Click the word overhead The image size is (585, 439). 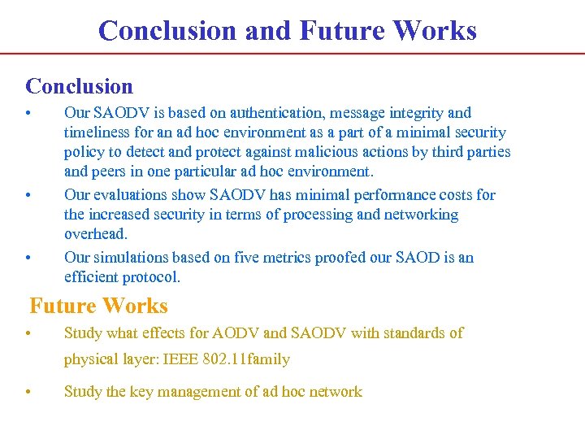(96, 234)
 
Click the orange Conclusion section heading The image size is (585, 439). (79, 86)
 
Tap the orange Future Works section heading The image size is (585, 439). (98, 306)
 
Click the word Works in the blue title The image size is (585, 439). (434, 31)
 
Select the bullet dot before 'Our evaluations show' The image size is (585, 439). (28, 196)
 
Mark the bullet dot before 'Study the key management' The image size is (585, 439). (28, 393)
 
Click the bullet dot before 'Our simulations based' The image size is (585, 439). (28, 259)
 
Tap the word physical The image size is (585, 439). (90, 359)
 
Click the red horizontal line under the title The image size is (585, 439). (292, 54)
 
